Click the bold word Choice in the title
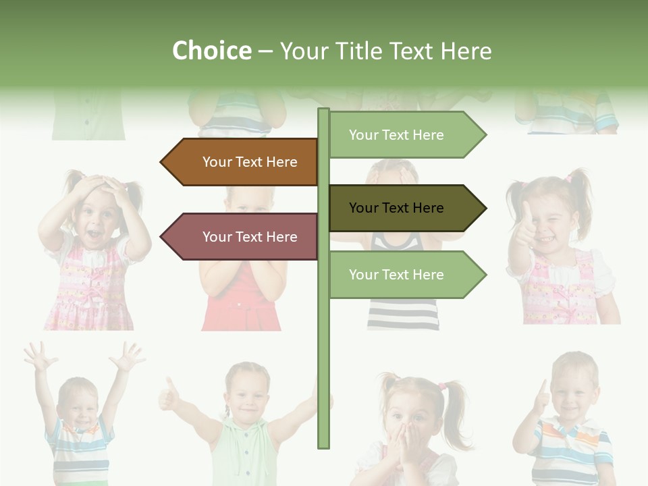coord(211,51)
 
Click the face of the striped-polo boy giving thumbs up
coord(572,391)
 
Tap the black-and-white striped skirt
coord(402,314)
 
